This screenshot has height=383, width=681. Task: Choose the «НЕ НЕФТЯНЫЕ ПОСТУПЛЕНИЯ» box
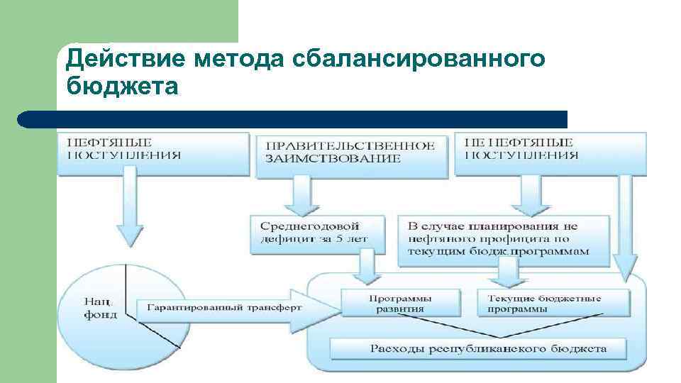[549, 152]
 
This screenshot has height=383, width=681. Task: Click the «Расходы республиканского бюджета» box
[479, 348]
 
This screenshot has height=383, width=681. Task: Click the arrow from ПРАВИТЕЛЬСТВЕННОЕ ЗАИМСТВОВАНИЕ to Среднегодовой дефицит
[302, 194]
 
